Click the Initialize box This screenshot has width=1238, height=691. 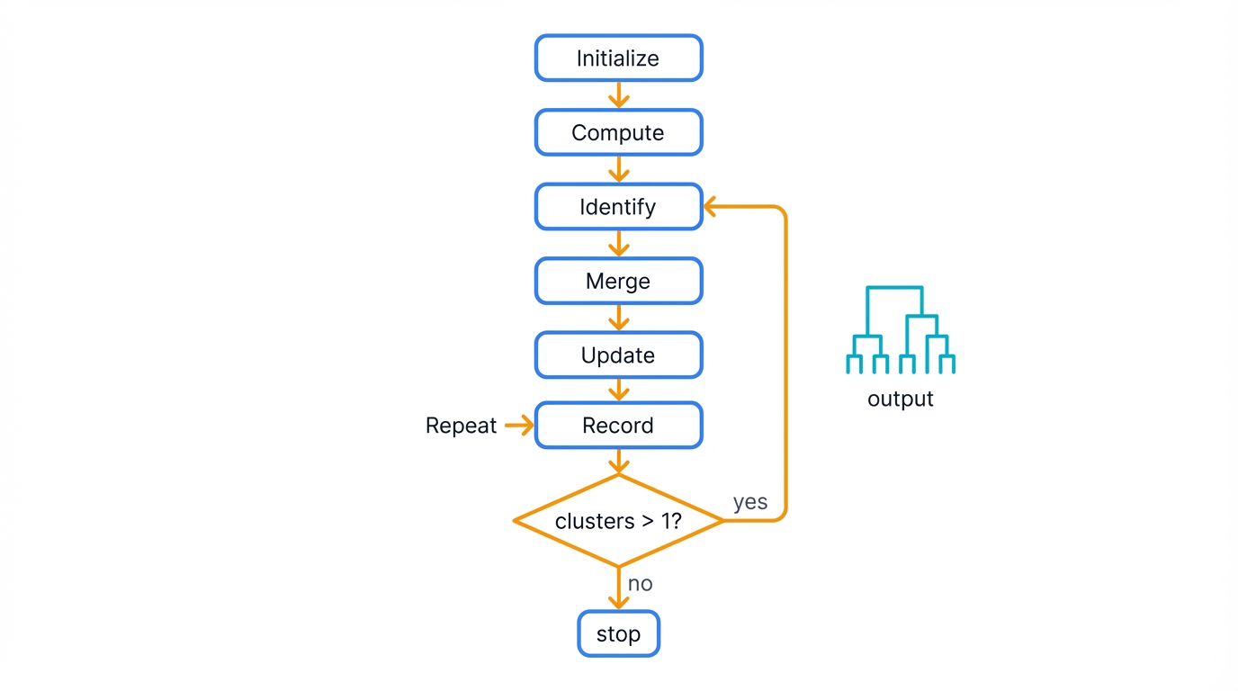point(618,58)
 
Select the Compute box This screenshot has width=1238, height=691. point(618,132)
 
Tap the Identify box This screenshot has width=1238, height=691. point(618,207)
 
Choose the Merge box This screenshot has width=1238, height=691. point(618,281)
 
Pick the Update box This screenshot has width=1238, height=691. point(618,354)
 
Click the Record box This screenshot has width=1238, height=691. point(618,425)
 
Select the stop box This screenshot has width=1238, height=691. point(618,633)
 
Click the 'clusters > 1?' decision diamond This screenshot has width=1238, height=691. point(618,521)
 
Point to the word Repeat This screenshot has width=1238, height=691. point(461,426)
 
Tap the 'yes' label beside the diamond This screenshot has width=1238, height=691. point(749,502)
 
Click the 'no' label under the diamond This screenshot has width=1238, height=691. point(640,583)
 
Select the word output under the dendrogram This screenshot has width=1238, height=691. point(900,399)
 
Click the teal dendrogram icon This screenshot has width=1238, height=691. point(900,330)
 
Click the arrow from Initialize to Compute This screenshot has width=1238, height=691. point(618,95)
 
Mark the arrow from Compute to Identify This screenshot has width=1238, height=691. point(618,169)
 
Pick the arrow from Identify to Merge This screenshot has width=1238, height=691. point(618,244)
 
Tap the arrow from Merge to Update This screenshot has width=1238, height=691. point(618,318)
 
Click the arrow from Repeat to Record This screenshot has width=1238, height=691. point(519,426)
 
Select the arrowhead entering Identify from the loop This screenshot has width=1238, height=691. point(711,207)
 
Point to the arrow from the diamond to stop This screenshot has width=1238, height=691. point(618,588)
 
